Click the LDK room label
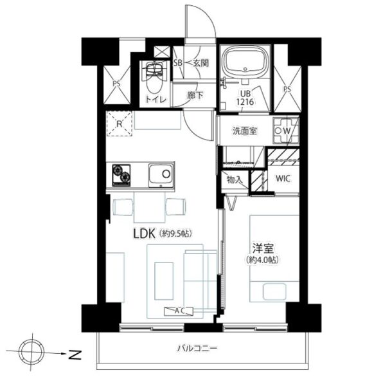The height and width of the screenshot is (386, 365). (x=144, y=234)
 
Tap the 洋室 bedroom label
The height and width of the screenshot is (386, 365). (x=263, y=248)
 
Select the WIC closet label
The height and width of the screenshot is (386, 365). (x=283, y=178)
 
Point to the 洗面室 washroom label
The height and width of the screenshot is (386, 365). (x=245, y=131)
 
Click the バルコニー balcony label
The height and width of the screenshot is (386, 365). (x=197, y=348)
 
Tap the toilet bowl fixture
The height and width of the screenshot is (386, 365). (x=154, y=78)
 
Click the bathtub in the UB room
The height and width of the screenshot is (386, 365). (x=245, y=61)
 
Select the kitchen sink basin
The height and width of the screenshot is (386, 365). (x=161, y=176)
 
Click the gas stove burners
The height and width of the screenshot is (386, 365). (x=121, y=175)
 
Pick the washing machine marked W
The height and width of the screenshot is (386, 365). (x=286, y=131)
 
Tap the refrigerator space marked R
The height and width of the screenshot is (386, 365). (x=120, y=124)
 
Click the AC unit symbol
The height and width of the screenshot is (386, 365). (x=179, y=311)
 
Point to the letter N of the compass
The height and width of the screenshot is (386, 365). (x=75, y=354)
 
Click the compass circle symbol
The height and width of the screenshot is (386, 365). (x=31, y=351)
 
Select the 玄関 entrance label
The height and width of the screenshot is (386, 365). (x=200, y=63)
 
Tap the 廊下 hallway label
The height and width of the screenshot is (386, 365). (x=195, y=95)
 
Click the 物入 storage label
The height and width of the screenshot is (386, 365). (x=235, y=180)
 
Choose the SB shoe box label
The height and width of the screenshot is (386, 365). (x=178, y=63)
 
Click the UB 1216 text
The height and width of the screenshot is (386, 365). (x=245, y=98)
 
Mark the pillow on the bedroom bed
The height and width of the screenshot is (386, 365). (x=274, y=292)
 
